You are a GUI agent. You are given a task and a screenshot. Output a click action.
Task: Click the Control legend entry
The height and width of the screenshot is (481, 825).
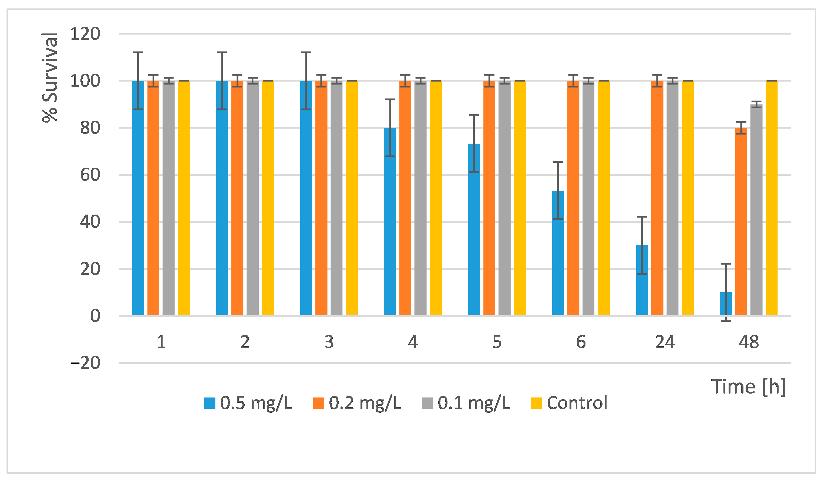tap(569, 403)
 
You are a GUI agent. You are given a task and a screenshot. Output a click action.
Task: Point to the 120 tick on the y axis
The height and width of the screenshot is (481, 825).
tap(85, 34)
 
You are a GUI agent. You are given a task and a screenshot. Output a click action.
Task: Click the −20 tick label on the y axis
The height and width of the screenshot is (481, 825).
tap(85, 363)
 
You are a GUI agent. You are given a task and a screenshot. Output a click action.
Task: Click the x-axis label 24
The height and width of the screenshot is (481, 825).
tap(665, 342)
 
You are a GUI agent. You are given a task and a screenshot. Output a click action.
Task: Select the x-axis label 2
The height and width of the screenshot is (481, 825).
tap(245, 342)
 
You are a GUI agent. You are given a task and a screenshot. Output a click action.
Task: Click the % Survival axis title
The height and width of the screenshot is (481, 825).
tap(50, 77)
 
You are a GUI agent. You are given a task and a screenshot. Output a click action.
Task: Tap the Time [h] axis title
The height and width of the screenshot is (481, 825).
tap(748, 387)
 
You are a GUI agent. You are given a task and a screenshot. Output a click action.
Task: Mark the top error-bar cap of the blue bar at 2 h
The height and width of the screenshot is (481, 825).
tap(222, 52)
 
